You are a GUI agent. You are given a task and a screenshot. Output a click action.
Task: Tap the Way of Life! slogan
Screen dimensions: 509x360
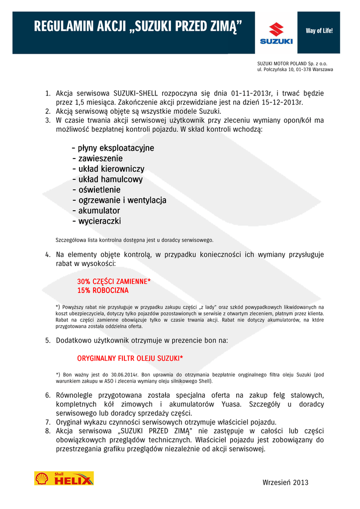pyautogui.click(x=319, y=31)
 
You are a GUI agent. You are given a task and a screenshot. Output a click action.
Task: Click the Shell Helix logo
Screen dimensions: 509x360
pyautogui.click(x=64, y=478)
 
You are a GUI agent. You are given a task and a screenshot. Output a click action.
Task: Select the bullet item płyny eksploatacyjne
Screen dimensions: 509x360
pyautogui.click(x=113, y=148)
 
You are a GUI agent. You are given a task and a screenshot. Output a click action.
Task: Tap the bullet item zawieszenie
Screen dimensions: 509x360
pyautogui.click(x=97, y=159)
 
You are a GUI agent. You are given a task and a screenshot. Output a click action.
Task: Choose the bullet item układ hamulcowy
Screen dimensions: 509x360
pyautogui.click(x=107, y=179)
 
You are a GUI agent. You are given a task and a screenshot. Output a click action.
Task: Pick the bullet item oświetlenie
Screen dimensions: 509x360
pyautogui.click(x=96, y=190)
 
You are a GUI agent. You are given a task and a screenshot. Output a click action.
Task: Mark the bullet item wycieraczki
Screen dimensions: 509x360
pyautogui.click(x=96, y=221)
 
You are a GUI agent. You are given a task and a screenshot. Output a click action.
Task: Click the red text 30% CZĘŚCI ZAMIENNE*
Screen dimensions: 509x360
pyautogui.click(x=114, y=281)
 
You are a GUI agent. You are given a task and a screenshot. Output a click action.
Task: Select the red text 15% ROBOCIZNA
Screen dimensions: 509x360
pyautogui.click(x=103, y=290)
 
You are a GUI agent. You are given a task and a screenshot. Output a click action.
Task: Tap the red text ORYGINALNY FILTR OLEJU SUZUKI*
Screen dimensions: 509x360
pyautogui.click(x=130, y=358)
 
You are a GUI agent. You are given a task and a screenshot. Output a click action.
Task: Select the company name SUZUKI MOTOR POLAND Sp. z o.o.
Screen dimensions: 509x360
pyautogui.click(x=292, y=64)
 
